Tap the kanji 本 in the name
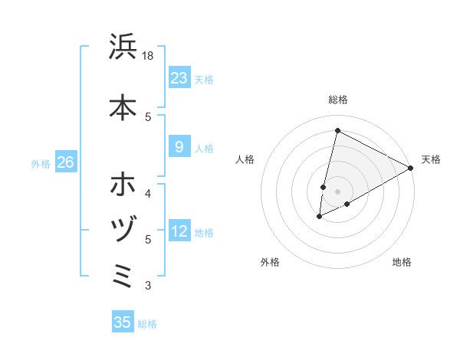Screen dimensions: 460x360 pos(123,107)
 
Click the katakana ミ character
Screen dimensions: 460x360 pos(123,274)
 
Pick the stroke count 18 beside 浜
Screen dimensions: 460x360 pos(148,55)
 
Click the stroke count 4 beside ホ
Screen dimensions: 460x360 pos(148,192)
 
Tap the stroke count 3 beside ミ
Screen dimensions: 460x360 pos(148,286)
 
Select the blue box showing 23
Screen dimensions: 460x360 pos(179,78)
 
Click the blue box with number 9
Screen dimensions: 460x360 pos(179,147)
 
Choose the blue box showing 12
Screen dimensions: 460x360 pos(179,231)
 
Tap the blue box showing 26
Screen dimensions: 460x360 pos(65,162)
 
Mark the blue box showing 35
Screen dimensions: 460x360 pos(123,322)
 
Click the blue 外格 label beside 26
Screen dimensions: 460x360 pos(40,163)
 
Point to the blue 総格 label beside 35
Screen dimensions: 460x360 pos(147,324)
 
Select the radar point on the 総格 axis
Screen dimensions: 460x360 pos(337,130)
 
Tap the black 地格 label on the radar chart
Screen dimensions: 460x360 pos(402,262)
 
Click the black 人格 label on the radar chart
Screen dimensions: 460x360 pos(245,159)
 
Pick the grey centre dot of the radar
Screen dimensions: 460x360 pos(337,191)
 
